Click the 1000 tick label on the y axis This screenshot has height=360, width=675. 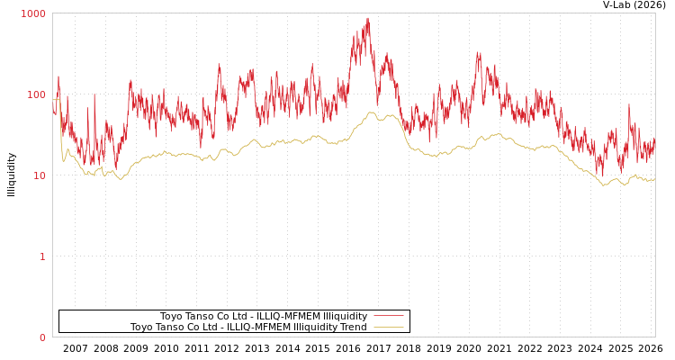(33, 13)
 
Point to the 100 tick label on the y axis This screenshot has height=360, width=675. (35, 94)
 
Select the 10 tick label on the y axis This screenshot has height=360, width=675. (38, 175)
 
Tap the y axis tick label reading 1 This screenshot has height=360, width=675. (41, 256)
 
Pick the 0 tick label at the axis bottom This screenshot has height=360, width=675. (41, 337)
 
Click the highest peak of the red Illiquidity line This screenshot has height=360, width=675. (368, 18)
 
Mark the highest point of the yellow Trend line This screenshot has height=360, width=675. (371, 112)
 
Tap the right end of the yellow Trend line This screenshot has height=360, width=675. (654, 179)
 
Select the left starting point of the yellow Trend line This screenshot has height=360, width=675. (53, 100)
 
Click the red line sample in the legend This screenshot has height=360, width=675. (388, 316)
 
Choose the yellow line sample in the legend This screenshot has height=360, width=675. (388, 327)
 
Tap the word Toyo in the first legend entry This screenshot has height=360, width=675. (172, 316)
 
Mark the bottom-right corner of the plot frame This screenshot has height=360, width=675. (655, 337)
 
